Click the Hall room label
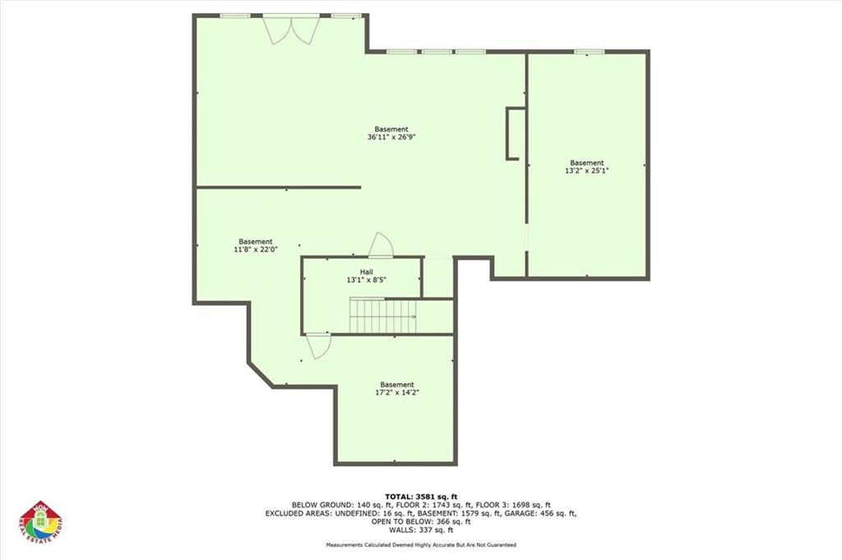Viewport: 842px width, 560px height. click(x=367, y=271)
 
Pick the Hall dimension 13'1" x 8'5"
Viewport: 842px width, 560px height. click(x=367, y=280)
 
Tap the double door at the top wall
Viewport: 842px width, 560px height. click(x=291, y=29)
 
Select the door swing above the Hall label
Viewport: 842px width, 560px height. click(x=381, y=246)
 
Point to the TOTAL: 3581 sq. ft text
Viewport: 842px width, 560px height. click(x=421, y=496)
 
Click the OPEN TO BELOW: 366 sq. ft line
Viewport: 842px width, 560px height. click(x=421, y=521)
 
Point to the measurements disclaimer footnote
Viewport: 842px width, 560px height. click(x=421, y=545)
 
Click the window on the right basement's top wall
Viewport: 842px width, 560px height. click(x=585, y=53)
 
